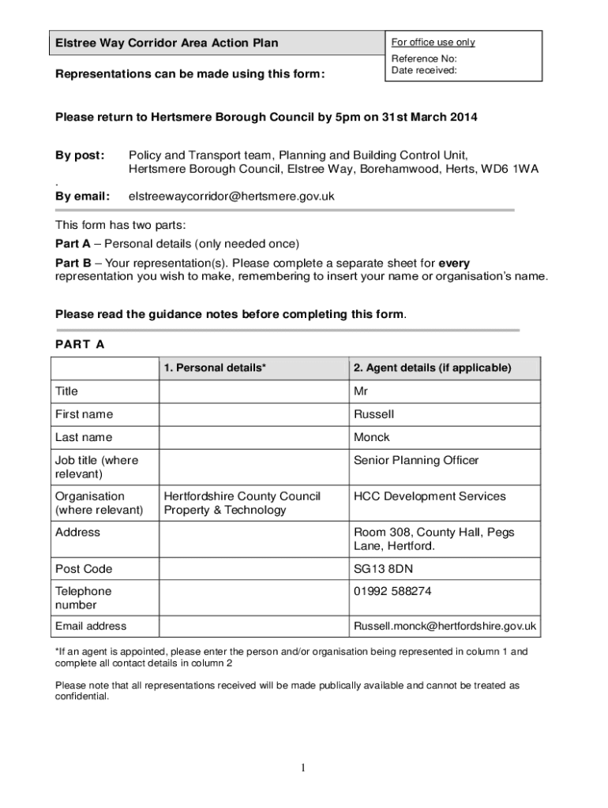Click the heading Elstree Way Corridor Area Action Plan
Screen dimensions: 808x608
pyautogui.click(x=166, y=43)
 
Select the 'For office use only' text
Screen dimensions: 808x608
pyautogui.click(x=433, y=43)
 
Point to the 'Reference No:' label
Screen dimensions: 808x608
pyautogui.click(x=424, y=58)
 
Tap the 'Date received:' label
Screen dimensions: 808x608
pyautogui.click(x=424, y=70)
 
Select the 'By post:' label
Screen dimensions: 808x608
pyautogui.click(x=80, y=155)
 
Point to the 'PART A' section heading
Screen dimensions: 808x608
pyautogui.click(x=80, y=345)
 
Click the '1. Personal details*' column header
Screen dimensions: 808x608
pyautogui.click(x=215, y=368)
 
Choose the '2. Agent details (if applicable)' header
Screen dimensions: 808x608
pyautogui.click(x=432, y=368)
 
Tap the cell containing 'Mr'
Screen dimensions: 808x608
pyautogui.click(x=361, y=391)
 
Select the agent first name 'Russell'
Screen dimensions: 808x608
pyautogui.click(x=373, y=414)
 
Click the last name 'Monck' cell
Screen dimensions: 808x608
pyautogui.click(x=371, y=437)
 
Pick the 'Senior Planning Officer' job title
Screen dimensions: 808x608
pyautogui.click(x=416, y=460)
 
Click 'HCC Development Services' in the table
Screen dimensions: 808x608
pyautogui.click(x=430, y=496)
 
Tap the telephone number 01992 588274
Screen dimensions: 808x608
pyautogui.click(x=392, y=591)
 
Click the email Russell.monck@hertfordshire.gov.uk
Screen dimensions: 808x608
pyautogui.click(x=445, y=626)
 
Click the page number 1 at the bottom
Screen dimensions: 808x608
pyautogui.click(x=303, y=769)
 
